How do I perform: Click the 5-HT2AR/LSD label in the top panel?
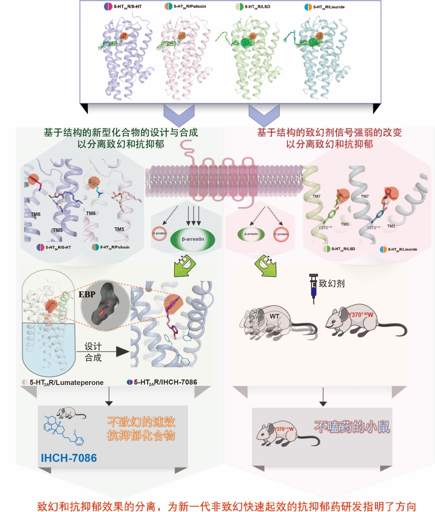click(x=257, y=7)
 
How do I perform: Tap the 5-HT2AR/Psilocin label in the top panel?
click(x=189, y=6)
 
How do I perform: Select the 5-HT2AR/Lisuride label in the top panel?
click(x=328, y=7)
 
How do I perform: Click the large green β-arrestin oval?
click(x=193, y=239)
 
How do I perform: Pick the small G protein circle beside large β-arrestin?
click(x=159, y=234)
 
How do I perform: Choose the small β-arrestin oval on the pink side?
click(x=251, y=234)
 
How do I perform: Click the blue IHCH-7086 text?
click(x=69, y=458)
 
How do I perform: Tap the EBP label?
click(x=87, y=295)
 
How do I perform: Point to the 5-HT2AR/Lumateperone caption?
click(x=66, y=382)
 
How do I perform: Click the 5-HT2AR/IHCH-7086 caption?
click(x=165, y=382)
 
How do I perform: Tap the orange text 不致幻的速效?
click(x=141, y=422)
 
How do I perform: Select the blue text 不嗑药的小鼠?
click(x=352, y=427)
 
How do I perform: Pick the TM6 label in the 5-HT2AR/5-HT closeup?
click(x=36, y=214)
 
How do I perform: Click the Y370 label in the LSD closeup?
click(x=325, y=228)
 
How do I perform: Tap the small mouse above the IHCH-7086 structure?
click(x=70, y=412)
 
